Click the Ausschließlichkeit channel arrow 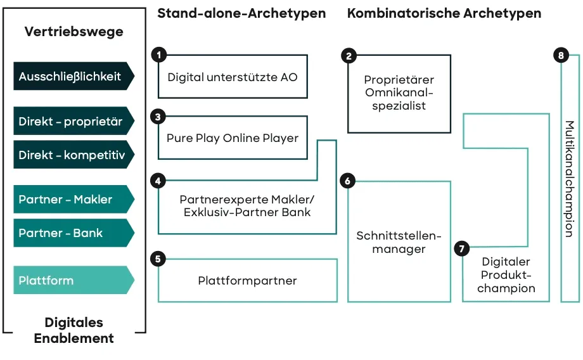tap(74, 77)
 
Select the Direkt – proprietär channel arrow tap(74, 122)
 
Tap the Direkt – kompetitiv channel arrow tap(74, 155)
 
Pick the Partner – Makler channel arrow tap(74, 200)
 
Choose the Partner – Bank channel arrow tap(74, 233)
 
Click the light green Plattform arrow tap(74, 280)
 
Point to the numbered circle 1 tap(158, 55)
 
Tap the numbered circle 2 tap(349, 56)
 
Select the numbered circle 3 tap(158, 117)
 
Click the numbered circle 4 tap(158, 181)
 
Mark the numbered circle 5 tap(158, 258)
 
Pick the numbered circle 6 tap(347, 181)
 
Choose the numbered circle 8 tap(561, 56)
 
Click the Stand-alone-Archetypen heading tap(241, 13)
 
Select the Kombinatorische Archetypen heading tap(444, 13)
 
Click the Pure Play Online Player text tap(233, 138)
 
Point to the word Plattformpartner tap(247, 281)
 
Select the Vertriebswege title tap(74, 32)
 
